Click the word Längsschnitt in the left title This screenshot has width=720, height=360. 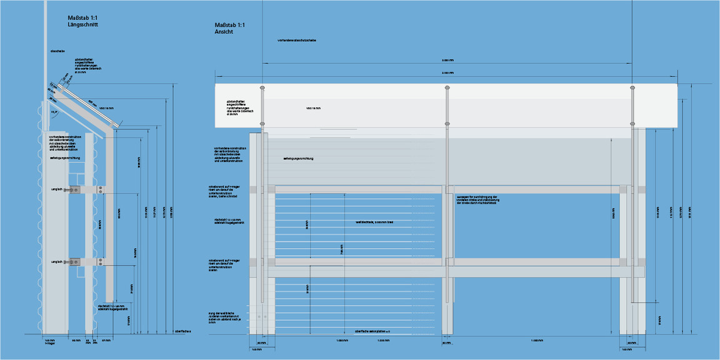point(82,24)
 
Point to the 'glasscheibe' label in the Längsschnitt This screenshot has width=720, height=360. point(58,51)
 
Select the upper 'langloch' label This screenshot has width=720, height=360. point(57,189)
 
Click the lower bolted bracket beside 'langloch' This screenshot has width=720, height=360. point(75,262)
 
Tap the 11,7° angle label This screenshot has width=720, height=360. point(55,112)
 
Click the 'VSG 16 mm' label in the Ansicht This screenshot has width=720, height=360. point(313,108)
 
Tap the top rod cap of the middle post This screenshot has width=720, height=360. point(447,87)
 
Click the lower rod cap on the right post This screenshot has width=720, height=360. point(632,124)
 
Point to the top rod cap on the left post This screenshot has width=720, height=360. point(262,87)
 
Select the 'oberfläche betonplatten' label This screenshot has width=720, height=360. point(372,331)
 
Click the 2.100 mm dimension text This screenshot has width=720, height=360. point(447,74)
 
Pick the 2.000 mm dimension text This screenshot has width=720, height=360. point(447,61)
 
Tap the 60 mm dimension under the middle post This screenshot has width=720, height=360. point(447,343)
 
